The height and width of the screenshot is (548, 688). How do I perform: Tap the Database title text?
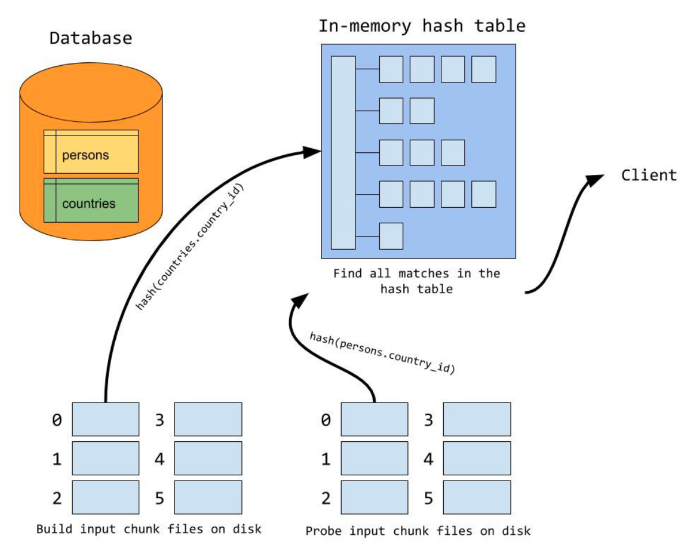90,39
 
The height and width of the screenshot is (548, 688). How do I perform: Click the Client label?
649,175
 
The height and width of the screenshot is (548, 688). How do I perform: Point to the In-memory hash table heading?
422,26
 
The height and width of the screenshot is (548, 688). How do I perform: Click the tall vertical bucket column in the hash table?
343,152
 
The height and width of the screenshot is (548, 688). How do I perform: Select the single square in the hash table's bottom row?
391,236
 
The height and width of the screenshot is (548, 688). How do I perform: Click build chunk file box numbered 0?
105,419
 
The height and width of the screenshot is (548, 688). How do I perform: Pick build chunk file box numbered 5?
208,497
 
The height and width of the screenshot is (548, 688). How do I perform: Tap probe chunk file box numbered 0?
375,419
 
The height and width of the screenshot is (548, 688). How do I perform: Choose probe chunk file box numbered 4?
477,458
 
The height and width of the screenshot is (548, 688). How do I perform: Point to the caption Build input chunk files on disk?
149,528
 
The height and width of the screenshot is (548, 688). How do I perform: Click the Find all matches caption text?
417,280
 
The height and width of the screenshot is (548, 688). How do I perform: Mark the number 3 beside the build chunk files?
160,420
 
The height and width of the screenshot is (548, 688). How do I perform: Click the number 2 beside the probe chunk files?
326,498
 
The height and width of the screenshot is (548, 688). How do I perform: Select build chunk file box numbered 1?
105,458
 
